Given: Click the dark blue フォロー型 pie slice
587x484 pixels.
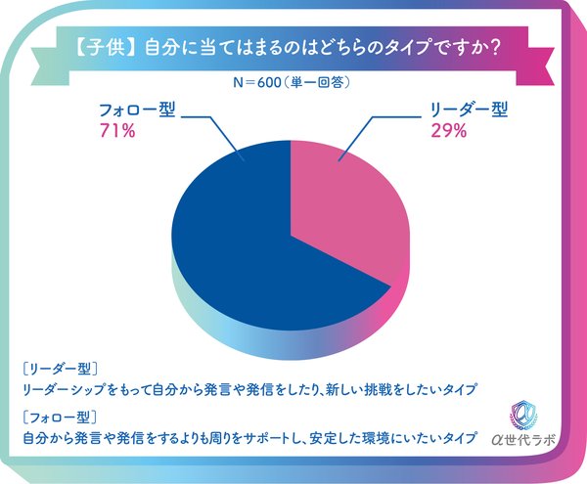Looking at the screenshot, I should (x=245, y=235).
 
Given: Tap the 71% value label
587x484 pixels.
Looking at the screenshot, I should (x=115, y=130).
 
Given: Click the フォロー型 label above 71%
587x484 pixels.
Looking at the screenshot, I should (x=136, y=110).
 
